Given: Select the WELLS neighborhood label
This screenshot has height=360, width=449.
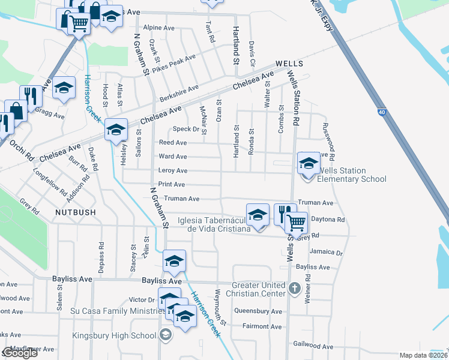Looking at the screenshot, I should (289, 64).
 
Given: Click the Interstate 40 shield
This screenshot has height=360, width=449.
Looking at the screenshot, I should (382, 112).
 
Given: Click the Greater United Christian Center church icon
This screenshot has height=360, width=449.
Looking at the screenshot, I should (294, 289).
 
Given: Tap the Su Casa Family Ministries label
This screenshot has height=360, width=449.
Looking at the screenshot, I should (114, 310).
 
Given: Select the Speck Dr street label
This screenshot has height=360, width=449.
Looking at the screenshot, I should (185, 129).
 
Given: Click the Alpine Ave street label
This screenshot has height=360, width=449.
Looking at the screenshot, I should (159, 28).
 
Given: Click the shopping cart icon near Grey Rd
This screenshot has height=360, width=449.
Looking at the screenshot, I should (297, 223).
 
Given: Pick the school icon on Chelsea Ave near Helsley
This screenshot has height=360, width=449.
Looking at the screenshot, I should (116, 129).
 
